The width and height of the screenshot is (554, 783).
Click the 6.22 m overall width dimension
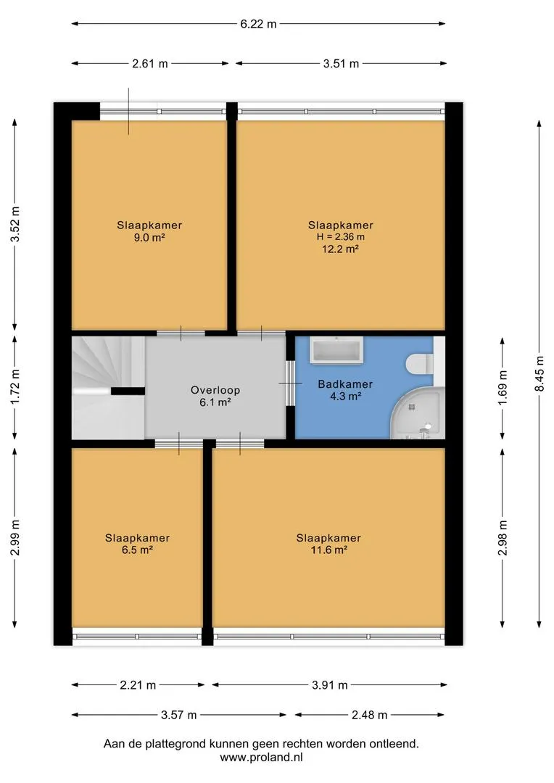coord(258,23)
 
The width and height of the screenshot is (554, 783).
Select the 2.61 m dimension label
coord(150,63)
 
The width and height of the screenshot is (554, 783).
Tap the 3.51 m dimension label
coord(341,63)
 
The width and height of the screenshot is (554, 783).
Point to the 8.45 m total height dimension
coord(539,373)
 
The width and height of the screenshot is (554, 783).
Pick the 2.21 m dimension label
coord(138,685)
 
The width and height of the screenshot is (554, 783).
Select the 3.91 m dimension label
coord(330,685)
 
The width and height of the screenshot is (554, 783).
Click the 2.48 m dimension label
coord(369,715)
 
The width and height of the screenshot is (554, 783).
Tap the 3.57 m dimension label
coord(178,715)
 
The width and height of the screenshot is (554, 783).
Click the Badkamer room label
coord(345,384)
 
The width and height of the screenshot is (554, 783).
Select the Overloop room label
coord(215,390)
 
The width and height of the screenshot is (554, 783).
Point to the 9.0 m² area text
coord(149,238)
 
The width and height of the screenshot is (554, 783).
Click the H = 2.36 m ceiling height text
coord(341,236)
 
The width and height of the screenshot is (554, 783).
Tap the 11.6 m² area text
coord(328,550)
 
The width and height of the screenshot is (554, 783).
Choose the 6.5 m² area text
coord(137,550)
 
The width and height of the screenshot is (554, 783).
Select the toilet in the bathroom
coord(420,363)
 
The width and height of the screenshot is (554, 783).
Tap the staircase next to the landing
coord(108,387)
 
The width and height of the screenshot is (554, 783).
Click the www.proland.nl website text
coord(261,757)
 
